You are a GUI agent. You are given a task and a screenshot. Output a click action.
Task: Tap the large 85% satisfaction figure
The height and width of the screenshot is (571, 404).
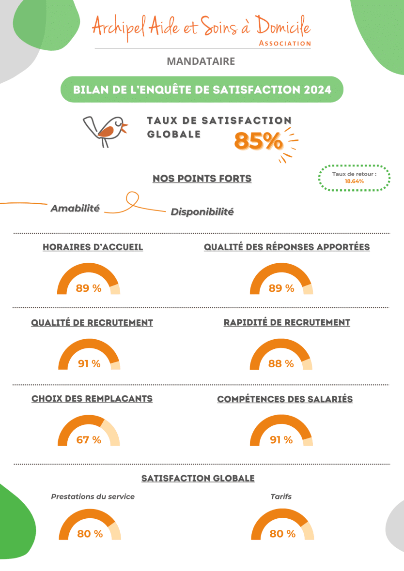pyautogui.click(x=258, y=141)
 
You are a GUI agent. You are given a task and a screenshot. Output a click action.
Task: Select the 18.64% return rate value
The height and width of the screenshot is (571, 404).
pyautogui.click(x=354, y=181)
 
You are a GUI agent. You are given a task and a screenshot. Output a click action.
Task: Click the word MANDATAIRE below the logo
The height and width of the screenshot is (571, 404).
pyautogui.click(x=201, y=61)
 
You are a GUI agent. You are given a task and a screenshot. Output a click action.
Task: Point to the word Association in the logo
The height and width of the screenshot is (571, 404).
pyautogui.click(x=285, y=43)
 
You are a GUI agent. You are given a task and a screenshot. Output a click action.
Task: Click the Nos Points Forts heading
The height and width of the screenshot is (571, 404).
pyautogui.click(x=202, y=179)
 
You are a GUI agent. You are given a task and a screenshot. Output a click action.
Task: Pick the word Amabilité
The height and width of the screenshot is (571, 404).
pyautogui.click(x=75, y=209)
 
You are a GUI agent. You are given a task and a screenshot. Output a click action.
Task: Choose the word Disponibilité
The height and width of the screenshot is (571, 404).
pyautogui.click(x=202, y=211)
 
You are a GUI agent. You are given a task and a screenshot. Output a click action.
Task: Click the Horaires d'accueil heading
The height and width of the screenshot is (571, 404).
pyautogui.click(x=93, y=247)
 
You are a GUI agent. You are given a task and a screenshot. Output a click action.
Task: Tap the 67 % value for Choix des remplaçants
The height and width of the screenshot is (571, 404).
pyautogui.click(x=89, y=440)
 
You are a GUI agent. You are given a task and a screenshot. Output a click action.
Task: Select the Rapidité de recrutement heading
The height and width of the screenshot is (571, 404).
pyautogui.click(x=287, y=322)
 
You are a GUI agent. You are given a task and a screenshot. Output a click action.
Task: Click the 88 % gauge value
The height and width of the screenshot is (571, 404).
pyautogui.click(x=281, y=364)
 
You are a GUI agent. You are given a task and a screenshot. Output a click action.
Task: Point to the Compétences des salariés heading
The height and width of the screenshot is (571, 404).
pyautogui.click(x=285, y=399)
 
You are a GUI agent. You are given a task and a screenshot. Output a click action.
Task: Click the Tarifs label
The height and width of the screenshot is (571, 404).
pyautogui.click(x=281, y=496)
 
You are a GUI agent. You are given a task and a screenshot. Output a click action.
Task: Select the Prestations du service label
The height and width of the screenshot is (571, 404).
pyautogui.click(x=93, y=496)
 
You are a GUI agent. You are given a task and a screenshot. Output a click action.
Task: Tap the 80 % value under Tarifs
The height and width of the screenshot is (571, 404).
pyautogui.click(x=282, y=534)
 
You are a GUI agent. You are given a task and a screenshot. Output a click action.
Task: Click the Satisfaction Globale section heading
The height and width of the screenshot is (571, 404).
pyautogui.click(x=198, y=478)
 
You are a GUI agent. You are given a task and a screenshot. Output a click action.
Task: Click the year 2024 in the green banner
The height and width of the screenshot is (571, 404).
pyautogui.click(x=318, y=90)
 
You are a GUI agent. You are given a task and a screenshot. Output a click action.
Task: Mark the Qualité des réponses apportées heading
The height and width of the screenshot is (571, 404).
pyautogui.click(x=286, y=247)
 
